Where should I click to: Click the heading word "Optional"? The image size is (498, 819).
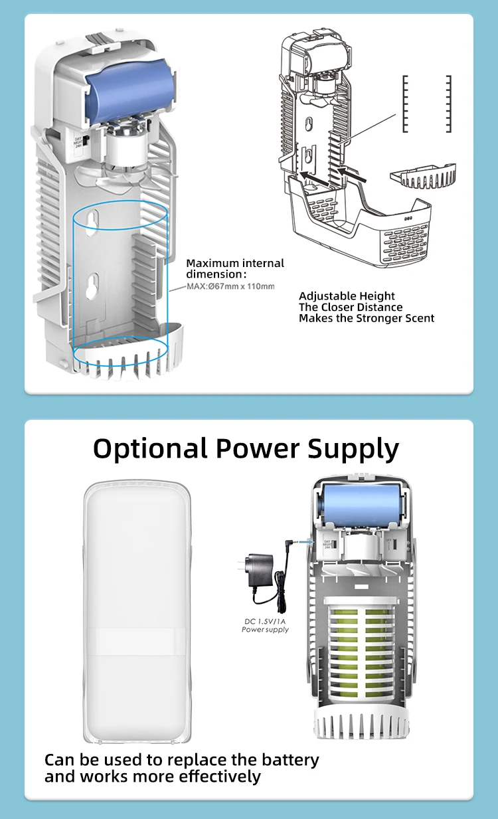click(150, 449)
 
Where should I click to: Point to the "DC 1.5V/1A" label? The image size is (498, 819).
click(264, 621)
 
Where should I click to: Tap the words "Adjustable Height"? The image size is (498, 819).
click(347, 296)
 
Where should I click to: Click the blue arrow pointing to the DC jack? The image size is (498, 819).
click(304, 541)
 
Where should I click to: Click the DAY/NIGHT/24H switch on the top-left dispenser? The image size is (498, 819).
click(78, 141)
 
